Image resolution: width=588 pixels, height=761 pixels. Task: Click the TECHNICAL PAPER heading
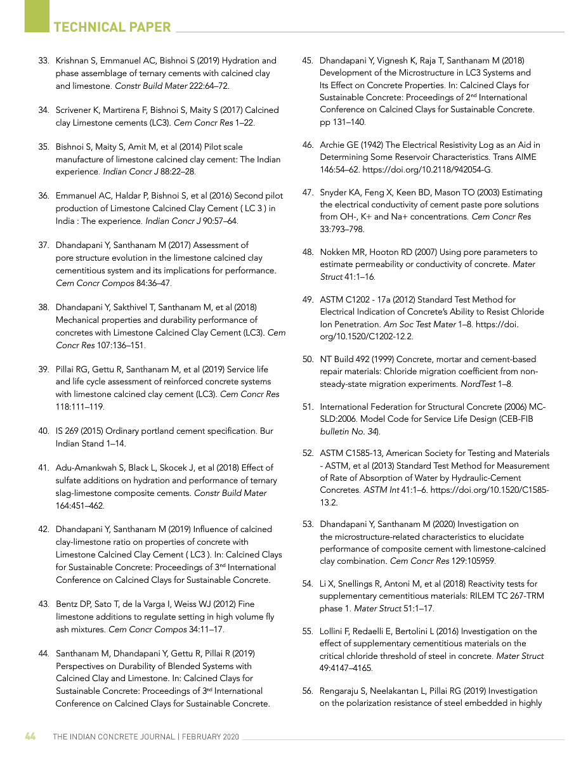(x=112, y=27)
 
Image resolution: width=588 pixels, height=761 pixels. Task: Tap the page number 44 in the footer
(x=30, y=737)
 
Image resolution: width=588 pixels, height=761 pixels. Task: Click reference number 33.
(x=44, y=61)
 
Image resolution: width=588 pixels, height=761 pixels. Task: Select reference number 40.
(x=44, y=431)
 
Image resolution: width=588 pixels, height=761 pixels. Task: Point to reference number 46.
(x=308, y=145)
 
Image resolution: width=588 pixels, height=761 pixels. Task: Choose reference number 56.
(x=308, y=691)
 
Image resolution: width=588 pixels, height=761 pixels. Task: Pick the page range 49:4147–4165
(x=346, y=668)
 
